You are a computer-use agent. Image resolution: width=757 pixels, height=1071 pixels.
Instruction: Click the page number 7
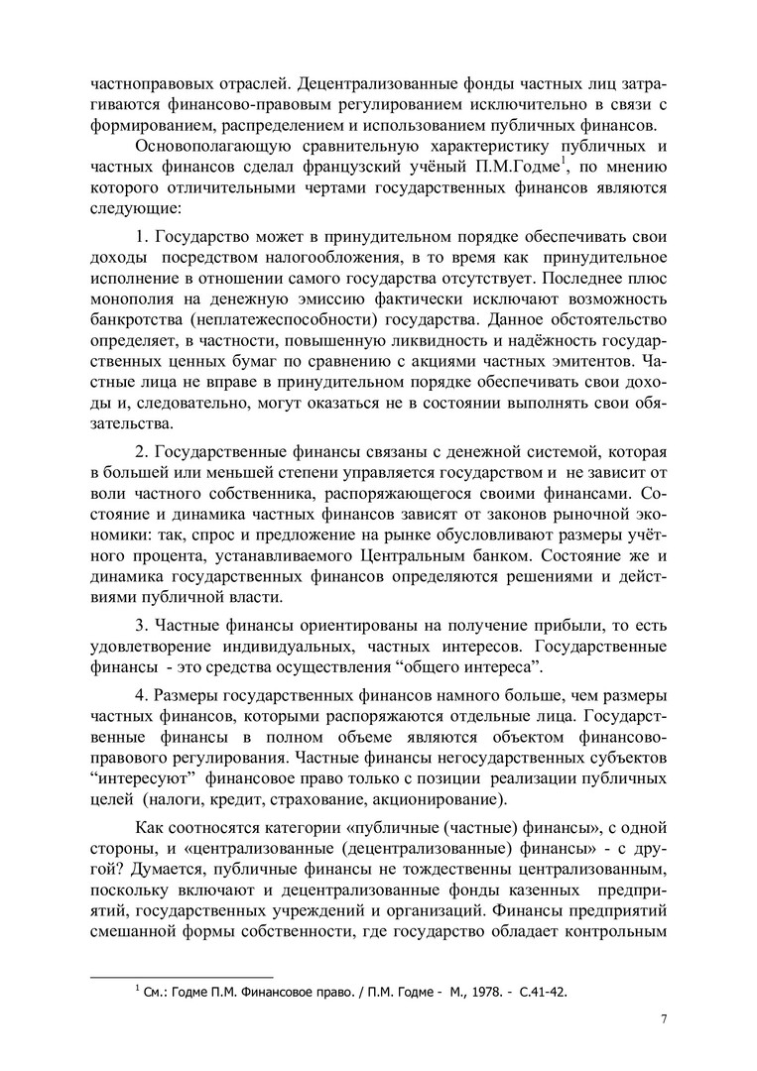(664, 1018)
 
